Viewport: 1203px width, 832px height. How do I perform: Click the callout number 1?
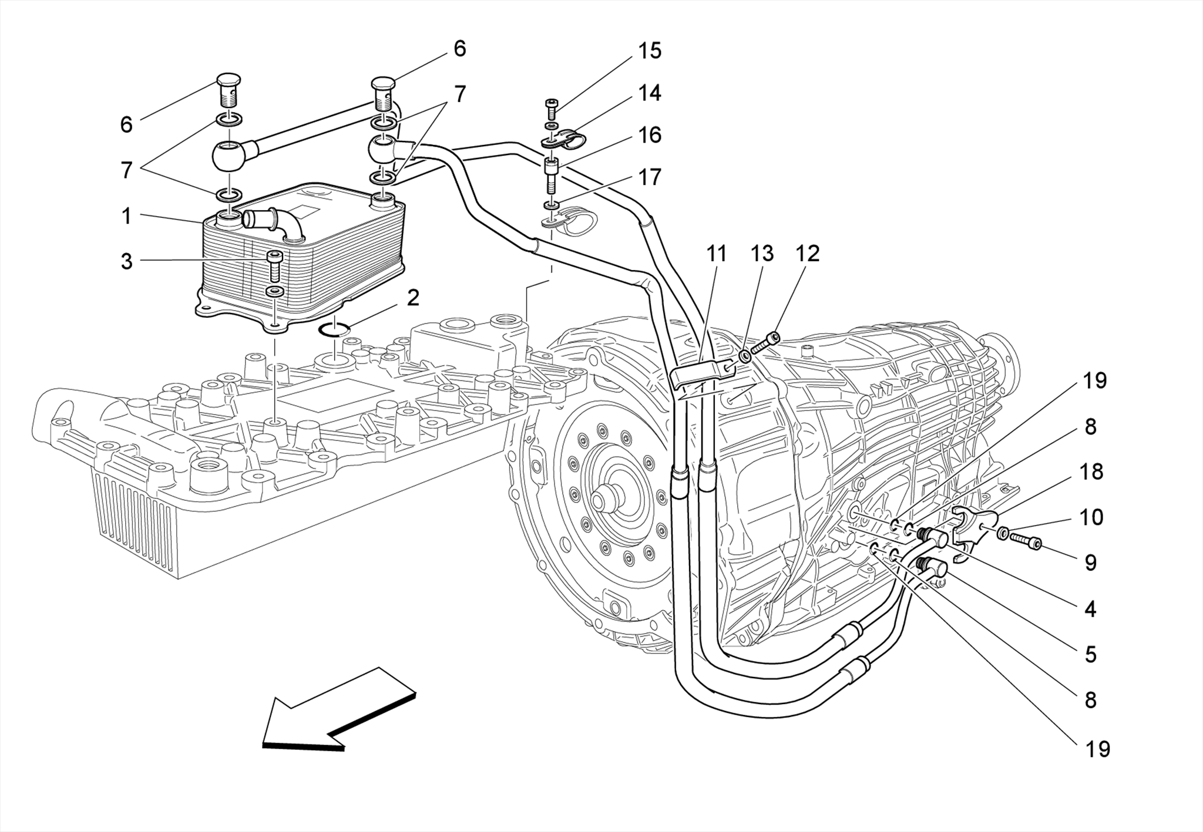pyautogui.click(x=126, y=217)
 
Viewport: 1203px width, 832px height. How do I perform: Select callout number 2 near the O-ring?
pyautogui.click(x=413, y=298)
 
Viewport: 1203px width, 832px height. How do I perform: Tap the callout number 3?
pyautogui.click(x=126, y=262)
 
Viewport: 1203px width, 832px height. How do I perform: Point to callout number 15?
pyautogui.click(x=650, y=50)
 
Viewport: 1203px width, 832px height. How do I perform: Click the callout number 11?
pyautogui.click(x=716, y=254)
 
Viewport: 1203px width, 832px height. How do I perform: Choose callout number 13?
pyautogui.click(x=762, y=254)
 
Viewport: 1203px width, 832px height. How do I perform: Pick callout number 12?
pyautogui.click(x=807, y=254)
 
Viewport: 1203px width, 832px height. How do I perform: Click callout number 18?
pyautogui.click(x=1091, y=471)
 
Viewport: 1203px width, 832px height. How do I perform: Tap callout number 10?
pyautogui.click(x=1091, y=517)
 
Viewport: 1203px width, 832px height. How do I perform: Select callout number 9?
pyautogui.click(x=1090, y=562)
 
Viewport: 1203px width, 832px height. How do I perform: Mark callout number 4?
pyautogui.click(x=1090, y=609)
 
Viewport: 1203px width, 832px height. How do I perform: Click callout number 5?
pyautogui.click(x=1090, y=654)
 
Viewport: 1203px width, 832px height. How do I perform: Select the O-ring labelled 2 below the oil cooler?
pyautogui.click(x=334, y=330)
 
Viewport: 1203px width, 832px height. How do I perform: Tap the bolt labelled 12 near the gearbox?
pyautogui.click(x=764, y=343)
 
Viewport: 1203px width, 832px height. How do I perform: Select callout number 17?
pyautogui.click(x=650, y=177)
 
